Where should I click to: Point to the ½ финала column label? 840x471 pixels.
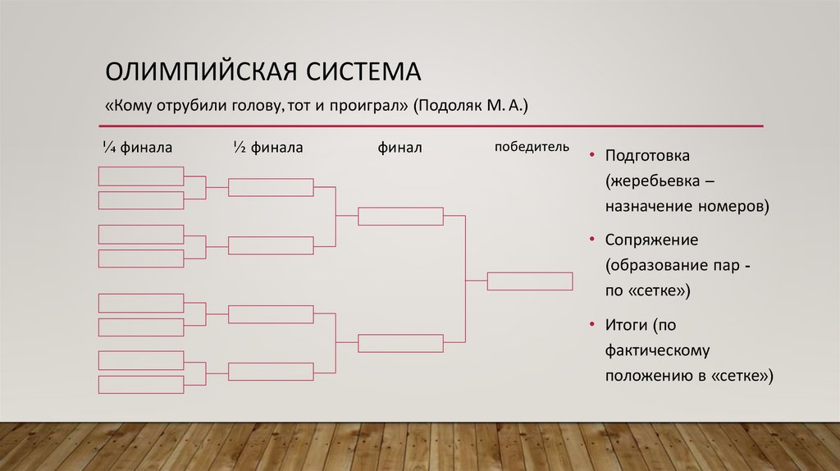[267, 148]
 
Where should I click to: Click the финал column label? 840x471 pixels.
[399, 148]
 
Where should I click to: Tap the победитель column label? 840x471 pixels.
[531, 147]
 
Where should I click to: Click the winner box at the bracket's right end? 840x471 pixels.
[530, 281]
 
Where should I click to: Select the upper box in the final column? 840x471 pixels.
[400, 216]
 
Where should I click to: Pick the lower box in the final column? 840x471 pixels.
[400, 343]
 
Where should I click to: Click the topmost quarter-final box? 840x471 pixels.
[141, 176]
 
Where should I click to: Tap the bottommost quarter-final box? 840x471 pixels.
[141, 385]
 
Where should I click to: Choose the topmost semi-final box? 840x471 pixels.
[271, 187]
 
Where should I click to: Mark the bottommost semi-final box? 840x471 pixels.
[271, 371]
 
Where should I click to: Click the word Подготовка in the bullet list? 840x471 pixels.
[648, 156]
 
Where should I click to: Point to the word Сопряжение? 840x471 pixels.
[651, 240]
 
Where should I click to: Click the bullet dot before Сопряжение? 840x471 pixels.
[591, 240]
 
